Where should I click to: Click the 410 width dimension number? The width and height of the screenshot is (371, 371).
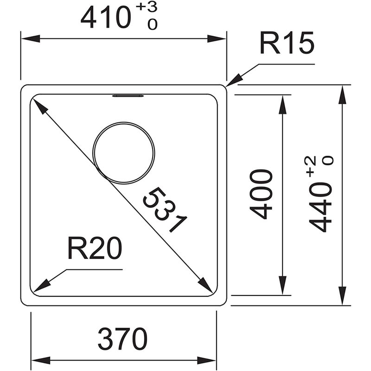click(106, 17)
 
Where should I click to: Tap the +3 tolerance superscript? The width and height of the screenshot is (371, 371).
click(147, 7)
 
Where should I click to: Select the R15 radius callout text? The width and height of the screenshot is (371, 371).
click(287, 43)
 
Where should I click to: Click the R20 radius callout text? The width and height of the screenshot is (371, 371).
click(95, 248)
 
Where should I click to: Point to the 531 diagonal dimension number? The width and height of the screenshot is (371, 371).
click(165, 210)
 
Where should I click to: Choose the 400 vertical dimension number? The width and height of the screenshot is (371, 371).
click(261, 194)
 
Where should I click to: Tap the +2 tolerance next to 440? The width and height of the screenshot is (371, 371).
click(311, 166)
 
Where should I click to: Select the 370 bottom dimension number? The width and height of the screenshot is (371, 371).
click(122, 339)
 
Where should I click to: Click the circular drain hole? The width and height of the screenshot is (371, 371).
click(124, 153)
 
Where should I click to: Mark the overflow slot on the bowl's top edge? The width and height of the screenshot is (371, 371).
click(128, 96)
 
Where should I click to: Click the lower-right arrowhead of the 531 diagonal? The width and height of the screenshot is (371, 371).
click(205, 285)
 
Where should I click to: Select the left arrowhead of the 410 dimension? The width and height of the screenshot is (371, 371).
click(30, 38)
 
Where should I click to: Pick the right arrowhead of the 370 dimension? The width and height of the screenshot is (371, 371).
click(206, 360)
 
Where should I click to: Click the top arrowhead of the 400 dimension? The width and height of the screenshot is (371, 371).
click(283, 104)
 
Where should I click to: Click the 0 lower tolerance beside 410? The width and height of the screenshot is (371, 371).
click(152, 24)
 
